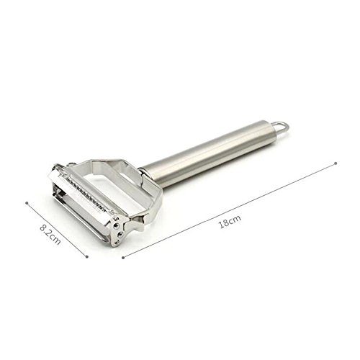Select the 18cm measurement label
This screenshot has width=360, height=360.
230,222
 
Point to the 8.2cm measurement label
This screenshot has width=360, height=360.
50,235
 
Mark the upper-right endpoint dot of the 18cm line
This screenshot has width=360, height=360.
336,163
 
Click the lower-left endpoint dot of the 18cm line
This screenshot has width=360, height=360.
123,258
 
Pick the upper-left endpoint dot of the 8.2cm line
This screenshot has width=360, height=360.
27,203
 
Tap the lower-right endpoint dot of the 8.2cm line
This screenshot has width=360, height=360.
87,257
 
